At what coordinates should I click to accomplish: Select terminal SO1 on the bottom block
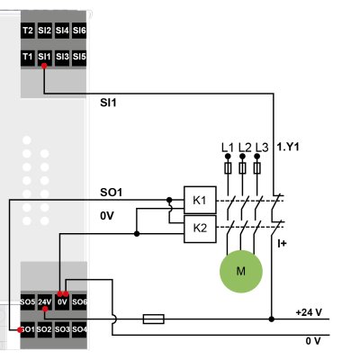(x=28, y=329)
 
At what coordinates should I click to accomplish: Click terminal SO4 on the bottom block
(x=79, y=329)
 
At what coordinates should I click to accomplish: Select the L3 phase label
(x=261, y=147)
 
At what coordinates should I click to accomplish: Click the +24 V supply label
(x=308, y=311)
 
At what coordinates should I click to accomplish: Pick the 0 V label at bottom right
(x=312, y=341)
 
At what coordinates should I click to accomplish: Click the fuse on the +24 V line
(x=154, y=318)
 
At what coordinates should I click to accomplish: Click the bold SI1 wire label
(x=110, y=103)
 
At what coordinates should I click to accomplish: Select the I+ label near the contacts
(x=281, y=243)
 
